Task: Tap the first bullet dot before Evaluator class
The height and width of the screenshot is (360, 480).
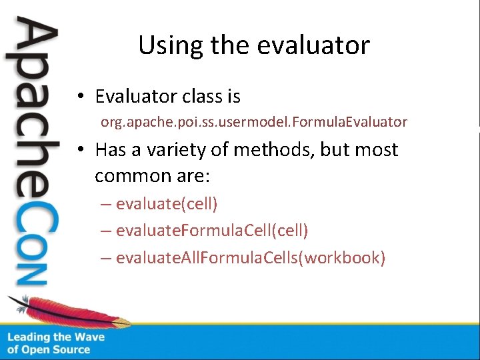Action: pyautogui.click(x=79, y=97)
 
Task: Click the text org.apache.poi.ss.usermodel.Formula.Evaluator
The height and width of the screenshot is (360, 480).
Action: pyautogui.click(x=253, y=122)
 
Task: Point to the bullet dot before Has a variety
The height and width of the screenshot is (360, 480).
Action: pyautogui.click(x=79, y=150)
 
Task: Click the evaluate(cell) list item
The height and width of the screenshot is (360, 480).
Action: pyautogui.click(x=167, y=203)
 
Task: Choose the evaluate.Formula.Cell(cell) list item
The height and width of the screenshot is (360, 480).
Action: pyautogui.click(x=211, y=231)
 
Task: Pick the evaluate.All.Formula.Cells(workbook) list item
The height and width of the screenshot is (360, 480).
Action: pyautogui.click(x=250, y=257)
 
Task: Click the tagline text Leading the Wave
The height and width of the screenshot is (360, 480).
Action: pyautogui.click(x=56, y=337)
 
